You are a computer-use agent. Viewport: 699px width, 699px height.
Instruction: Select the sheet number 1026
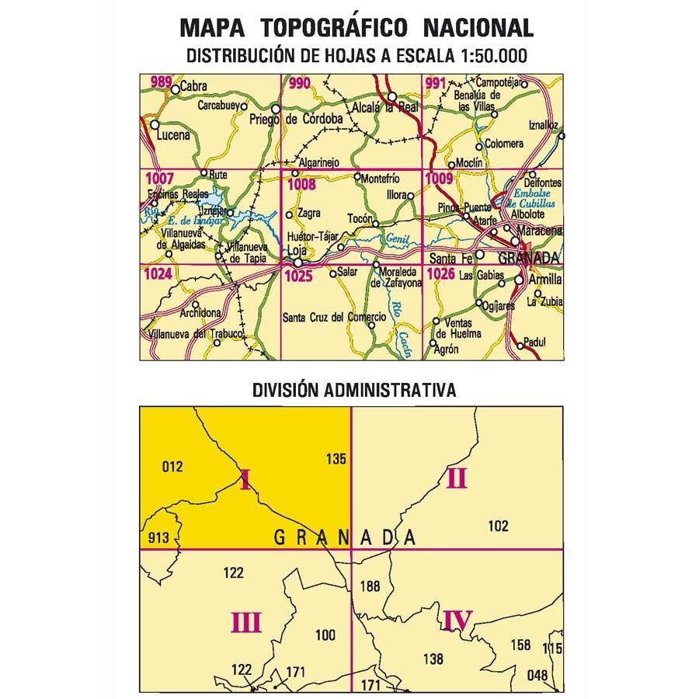tap(440, 273)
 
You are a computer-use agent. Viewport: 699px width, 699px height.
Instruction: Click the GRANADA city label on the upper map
tap(528, 258)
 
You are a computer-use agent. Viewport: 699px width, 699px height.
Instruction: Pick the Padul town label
tap(536, 342)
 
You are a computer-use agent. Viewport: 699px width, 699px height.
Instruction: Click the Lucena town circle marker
tap(155, 124)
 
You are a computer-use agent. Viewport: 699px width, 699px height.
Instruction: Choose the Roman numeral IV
tap(457, 621)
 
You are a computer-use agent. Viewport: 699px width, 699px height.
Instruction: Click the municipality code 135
tap(336, 459)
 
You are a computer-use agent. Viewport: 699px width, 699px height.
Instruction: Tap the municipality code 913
tap(158, 538)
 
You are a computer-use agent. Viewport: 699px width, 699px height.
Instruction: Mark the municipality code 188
tap(370, 586)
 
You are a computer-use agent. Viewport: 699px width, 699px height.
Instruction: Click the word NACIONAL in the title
tap(478, 29)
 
